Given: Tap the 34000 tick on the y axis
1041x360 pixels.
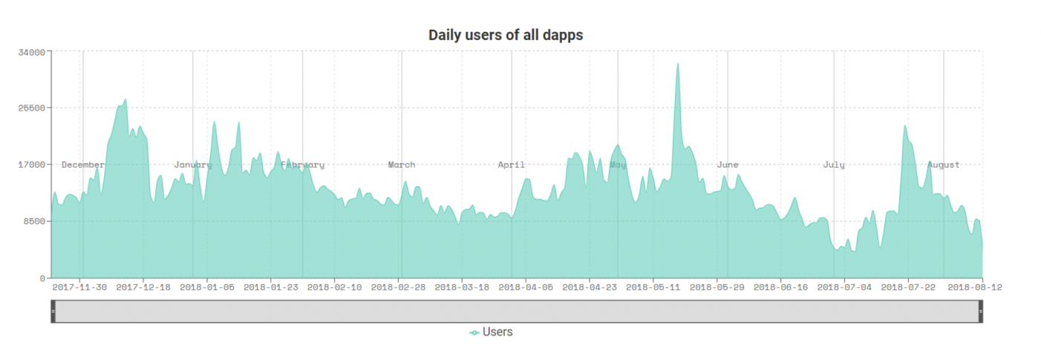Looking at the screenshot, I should click(33, 51).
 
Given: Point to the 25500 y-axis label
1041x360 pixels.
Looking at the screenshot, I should click(33, 108).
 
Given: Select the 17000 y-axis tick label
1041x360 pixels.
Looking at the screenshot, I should click(33, 164).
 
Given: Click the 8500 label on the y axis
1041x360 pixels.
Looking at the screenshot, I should click(35, 221).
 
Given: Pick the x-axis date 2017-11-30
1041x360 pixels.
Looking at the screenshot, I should click(79, 287).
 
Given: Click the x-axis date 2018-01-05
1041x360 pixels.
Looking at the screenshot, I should click(207, 287).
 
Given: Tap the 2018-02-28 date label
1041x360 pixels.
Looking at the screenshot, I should click(398, 287).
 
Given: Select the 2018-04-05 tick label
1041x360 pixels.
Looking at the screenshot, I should click(526, 287).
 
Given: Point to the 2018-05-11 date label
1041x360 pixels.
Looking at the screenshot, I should click(653, 287).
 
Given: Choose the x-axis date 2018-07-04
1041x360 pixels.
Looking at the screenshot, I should click(844, 287).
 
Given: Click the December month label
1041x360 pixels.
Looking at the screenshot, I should click(83, 165).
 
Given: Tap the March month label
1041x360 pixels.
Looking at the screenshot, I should click(402, 165).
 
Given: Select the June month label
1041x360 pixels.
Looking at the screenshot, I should click(728, 165).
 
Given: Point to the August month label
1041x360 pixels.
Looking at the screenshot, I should click(944, 165).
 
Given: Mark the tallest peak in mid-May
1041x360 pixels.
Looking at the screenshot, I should click(677, 64).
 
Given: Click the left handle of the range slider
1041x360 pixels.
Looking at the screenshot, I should click(53, 311).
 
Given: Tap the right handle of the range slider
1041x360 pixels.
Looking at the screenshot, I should click(981, 311).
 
